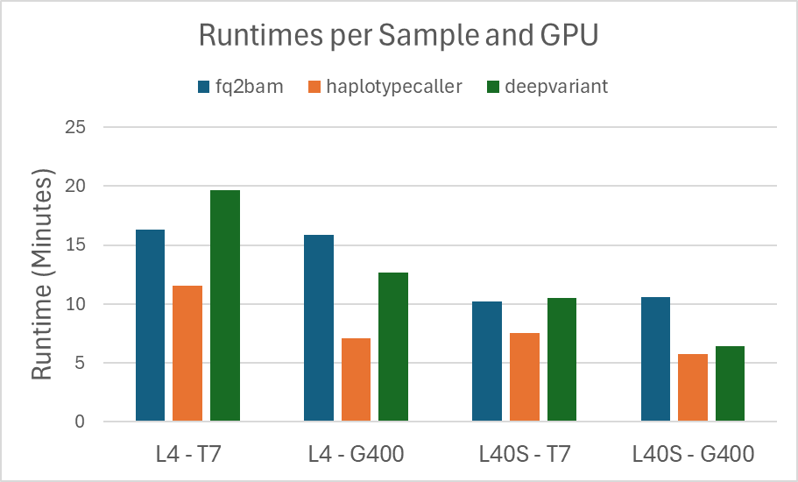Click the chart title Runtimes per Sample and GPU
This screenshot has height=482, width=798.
tap(399, 35)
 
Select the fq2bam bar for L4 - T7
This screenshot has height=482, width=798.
tap(150, 326)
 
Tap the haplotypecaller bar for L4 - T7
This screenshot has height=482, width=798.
tap(187, 354)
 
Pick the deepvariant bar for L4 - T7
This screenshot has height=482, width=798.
tap(225, 306)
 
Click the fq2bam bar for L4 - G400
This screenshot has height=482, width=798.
tap(319, 329)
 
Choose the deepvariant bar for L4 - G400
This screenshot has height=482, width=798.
tap(393, 347)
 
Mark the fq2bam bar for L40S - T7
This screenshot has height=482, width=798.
tap(487, 362)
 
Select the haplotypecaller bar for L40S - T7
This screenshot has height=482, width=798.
tap(525, 378)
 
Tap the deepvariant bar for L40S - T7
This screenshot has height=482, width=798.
tap(561, 360)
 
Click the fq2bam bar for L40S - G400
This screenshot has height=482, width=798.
tap(655, 360)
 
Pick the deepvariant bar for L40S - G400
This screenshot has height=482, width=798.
tap(730, 384)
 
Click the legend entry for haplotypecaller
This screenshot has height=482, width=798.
tap(386, 86)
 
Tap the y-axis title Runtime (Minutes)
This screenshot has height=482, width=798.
tap(41, 275)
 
